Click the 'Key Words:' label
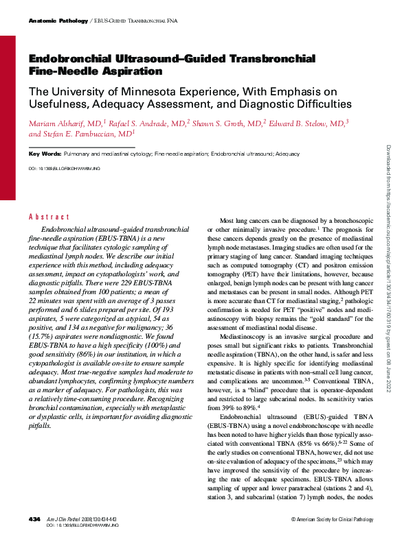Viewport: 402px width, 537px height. [45, 154]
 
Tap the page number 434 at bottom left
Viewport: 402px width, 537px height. [34, 521]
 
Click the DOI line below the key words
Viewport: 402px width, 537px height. [65, 167]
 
